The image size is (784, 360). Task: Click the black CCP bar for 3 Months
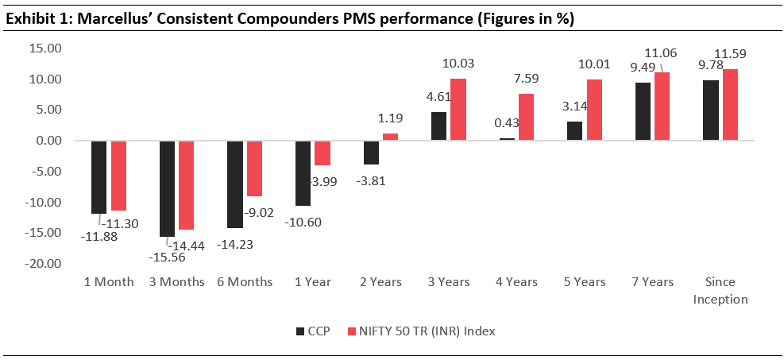tap(167, 188)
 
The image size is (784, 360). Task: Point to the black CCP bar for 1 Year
tap(303, 173)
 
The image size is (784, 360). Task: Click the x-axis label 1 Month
tap(109, 282)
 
